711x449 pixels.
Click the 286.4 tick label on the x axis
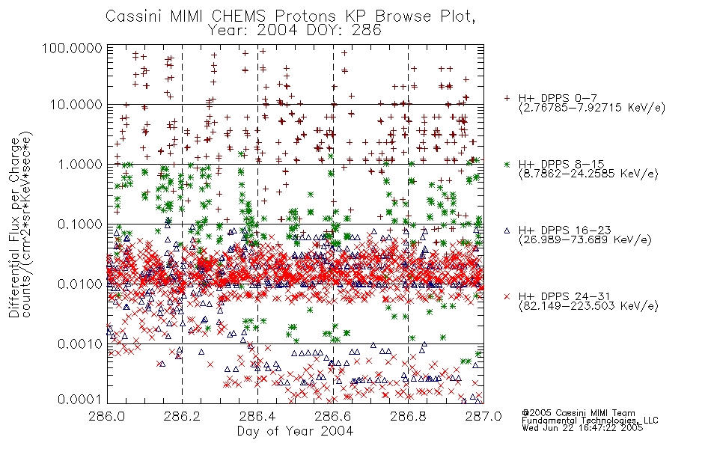(257, 416)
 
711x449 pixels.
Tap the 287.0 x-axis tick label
(483, 416)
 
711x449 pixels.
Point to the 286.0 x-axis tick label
(107, 416)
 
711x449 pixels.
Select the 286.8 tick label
(408, 416)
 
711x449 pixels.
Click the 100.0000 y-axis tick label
(73, 48)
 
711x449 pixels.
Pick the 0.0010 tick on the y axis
(80, 344)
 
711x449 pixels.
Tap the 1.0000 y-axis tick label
(80, 164)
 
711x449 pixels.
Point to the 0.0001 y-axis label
(80, 400)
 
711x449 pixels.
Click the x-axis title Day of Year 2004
(295, 431)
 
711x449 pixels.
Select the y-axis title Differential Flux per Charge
(14, 228)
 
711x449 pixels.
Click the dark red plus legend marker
(507, 98)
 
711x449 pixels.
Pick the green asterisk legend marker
(507, 164)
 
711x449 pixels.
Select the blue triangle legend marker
(507, 230)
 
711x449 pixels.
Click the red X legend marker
(507, 296)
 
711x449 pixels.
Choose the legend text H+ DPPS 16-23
(565, 230)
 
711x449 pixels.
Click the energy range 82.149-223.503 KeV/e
(588, 306)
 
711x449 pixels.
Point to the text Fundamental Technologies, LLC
(590, 421)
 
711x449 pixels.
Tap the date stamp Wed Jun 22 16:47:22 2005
(582, 428)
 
